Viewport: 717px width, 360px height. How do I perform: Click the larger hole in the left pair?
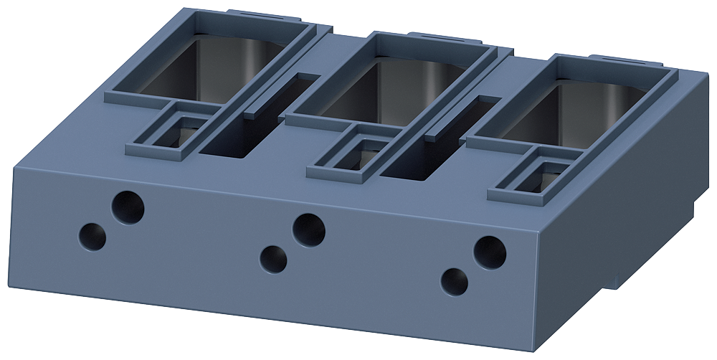(x=128, y=207)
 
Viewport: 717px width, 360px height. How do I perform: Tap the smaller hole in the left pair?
(x=92, y=235)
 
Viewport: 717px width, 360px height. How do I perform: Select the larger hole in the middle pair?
(x=309, y=229)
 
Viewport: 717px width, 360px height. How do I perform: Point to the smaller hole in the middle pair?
(x=273, y=259)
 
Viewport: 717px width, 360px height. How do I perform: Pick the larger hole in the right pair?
(x=490, y=252)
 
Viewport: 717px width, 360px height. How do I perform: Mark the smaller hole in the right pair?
(x=455, y=280)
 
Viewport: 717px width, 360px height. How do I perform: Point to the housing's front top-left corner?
(x=16, y=167)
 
